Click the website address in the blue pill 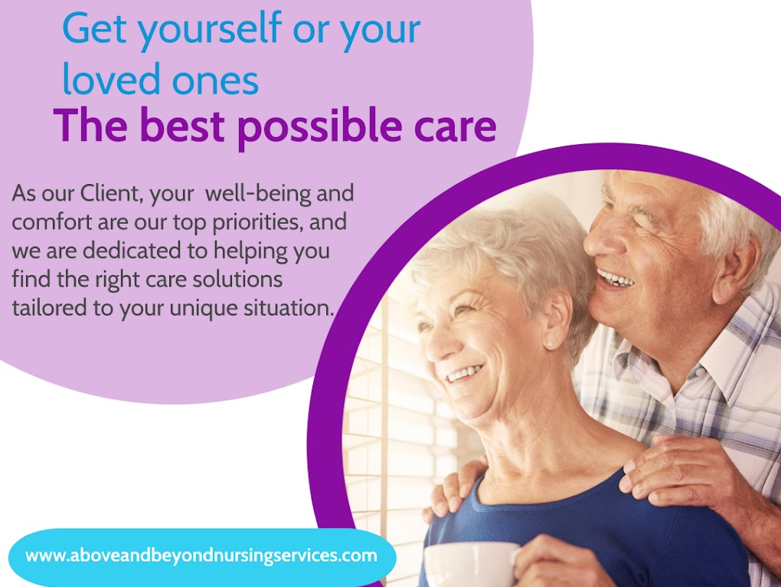201,556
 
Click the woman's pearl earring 548,345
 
